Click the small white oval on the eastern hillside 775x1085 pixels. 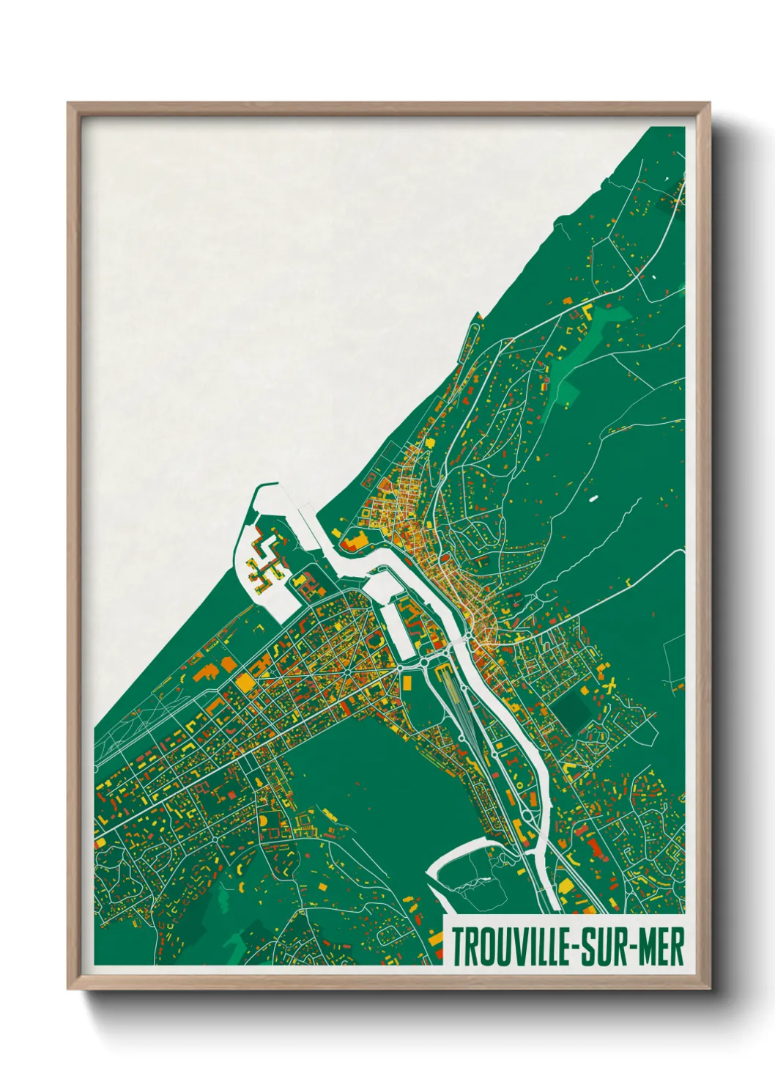(x=593, y=499)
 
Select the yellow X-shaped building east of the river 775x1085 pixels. (x=610, y=686)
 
